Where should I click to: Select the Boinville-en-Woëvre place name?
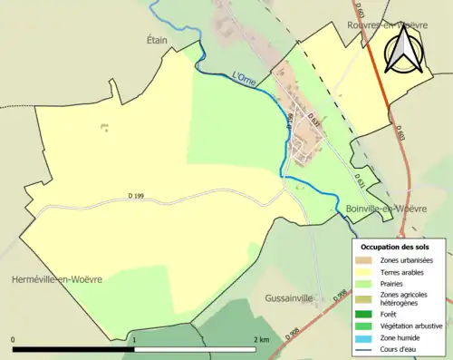coord(387,209)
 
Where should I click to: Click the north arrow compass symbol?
coord(404,49)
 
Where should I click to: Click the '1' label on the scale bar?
coord(135,339)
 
